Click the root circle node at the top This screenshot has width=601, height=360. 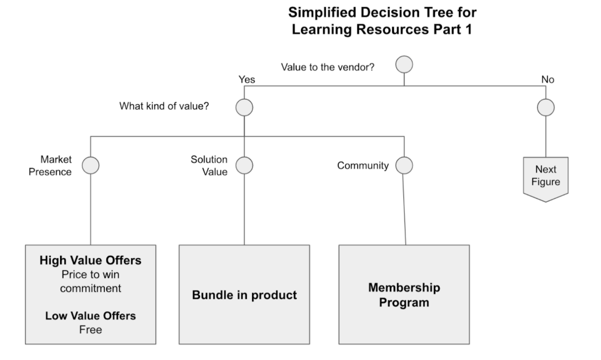404,65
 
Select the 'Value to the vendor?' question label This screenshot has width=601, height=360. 327,67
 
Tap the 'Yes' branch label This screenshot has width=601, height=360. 247,79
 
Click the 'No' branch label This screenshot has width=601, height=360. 548,79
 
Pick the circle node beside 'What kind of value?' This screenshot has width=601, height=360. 245,107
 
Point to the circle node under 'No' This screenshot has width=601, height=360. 546,107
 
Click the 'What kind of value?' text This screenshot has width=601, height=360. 164,107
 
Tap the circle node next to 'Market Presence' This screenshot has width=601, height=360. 90,165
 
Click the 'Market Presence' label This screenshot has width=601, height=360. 56,165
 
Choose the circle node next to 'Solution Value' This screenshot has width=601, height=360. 245,165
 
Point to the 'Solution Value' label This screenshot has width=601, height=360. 209,165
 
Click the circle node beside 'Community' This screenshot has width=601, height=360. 404,165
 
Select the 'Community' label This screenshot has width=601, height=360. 363,165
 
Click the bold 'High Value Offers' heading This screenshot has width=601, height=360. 90,261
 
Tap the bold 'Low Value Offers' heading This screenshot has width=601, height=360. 90,316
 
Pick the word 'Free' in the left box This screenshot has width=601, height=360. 90,330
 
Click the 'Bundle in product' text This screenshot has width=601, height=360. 245,295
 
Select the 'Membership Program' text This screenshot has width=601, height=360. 404,295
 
